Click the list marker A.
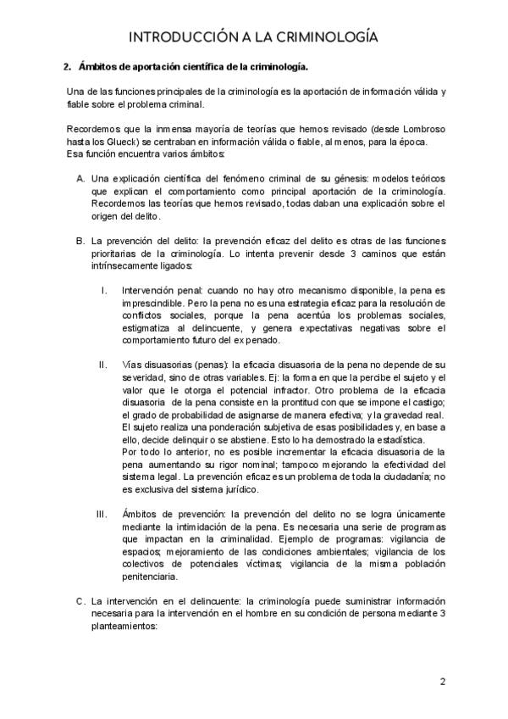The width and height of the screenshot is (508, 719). click(80, 180)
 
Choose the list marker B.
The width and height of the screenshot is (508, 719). click(80, 240)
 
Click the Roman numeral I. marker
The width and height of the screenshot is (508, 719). click(103, 290)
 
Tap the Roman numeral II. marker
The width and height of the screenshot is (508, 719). click(102, 365)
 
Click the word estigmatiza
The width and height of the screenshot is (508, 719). click(148, 327)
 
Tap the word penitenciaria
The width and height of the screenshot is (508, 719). click(152, 577)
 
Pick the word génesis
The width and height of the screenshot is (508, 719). click(350, 180)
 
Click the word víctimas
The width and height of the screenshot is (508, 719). click(247, 564)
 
